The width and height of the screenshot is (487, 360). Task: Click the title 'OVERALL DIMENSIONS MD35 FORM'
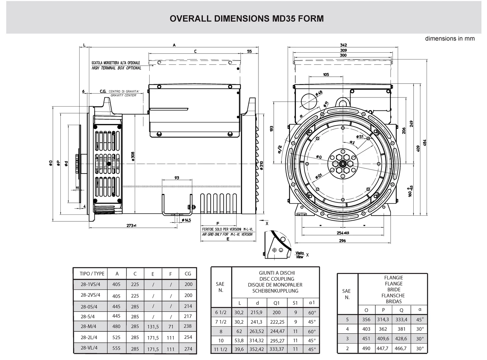[x=246, y=19]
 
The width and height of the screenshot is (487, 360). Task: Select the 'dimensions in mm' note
[x=450, y=39]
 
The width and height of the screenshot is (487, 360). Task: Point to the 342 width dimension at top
[x=343, y=45]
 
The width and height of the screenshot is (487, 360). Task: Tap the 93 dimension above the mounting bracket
[x=177, y=178]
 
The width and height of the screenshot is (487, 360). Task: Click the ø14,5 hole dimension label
[x=186, y=220]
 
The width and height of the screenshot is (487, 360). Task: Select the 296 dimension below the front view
[x=342, y=241]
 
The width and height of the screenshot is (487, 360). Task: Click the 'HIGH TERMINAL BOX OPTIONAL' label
[x=116, y=68]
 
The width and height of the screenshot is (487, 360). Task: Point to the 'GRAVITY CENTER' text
[x=123, y=96]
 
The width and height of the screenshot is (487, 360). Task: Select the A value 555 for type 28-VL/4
[x=116, y=348]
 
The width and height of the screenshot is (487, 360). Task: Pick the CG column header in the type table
[x=188, y=274]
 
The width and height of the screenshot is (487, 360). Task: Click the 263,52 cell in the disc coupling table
[x=257, y=331]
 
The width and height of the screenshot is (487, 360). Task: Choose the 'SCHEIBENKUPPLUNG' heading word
[x=275, y=291]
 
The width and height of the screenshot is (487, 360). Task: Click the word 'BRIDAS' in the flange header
[x=393, y=302]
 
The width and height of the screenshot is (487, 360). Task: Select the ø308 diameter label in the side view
[x=133, y=156]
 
